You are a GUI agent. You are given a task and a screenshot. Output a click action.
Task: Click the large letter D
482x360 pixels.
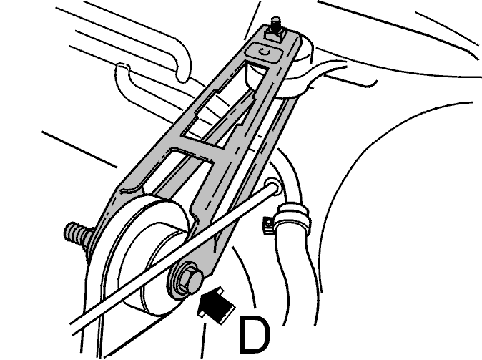click(254, 334)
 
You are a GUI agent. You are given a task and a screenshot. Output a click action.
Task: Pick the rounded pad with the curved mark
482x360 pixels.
click(264, 52)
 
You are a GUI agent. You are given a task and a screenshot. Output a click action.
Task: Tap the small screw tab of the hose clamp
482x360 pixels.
click(268, 225)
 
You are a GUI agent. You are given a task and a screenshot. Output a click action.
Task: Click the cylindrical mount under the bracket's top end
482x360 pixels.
click(295, 72)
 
